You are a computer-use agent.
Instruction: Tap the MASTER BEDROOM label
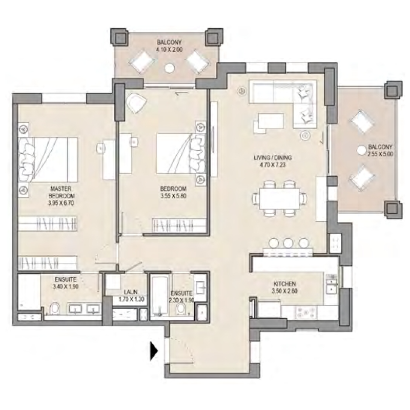63,192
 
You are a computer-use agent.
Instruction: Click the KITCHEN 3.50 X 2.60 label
284,287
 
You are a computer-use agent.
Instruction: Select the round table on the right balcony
361,150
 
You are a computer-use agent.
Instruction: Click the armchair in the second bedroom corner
136,104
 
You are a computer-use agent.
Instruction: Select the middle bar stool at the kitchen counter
288,243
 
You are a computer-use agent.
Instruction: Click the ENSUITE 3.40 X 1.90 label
66,283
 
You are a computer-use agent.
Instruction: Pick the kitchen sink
331,281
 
